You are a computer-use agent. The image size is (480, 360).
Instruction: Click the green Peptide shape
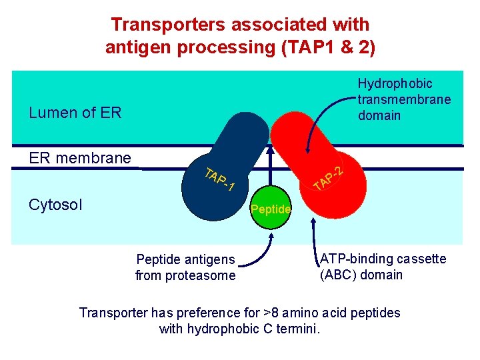270,210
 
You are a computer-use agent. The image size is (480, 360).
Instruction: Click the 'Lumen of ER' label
75,113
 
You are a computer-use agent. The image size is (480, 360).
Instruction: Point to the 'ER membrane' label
80,158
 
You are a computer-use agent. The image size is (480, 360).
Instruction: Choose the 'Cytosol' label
55,203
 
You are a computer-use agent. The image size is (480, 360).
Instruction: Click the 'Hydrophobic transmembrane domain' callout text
404,99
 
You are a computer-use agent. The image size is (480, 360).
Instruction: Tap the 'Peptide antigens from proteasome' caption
185,267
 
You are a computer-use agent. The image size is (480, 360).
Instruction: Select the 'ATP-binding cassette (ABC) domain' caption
383,267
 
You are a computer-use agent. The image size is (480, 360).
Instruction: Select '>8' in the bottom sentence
258,313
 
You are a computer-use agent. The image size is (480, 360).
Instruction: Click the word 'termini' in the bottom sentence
300,329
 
